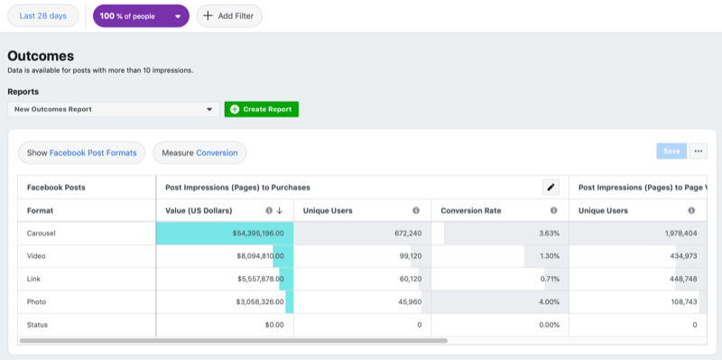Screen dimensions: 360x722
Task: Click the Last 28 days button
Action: pos(43,15)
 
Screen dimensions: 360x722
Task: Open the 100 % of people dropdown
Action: pos(141,15)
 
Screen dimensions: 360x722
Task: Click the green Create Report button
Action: pos(262,109)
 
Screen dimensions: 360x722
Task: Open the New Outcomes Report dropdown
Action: pos(113,109)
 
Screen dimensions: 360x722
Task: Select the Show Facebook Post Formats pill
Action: pos(82,152)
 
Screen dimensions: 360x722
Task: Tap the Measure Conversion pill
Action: pos(199,152)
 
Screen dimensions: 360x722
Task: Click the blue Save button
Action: pos(671,151)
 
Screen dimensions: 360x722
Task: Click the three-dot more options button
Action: pos(698,151)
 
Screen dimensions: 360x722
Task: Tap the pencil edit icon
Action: pos(551,188)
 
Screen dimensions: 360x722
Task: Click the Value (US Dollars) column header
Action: pos(199,210)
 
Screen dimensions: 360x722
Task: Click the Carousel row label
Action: pos(43,233)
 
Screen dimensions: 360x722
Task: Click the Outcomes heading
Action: pos(41,56)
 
